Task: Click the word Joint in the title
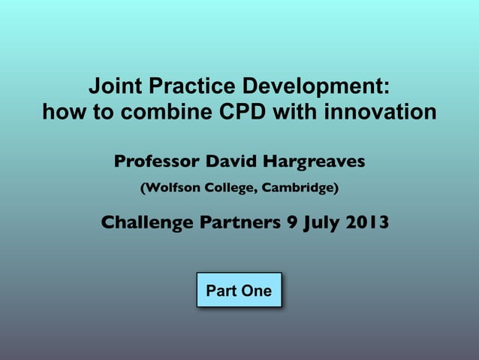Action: tap(113, 86)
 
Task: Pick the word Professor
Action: tap(157, 162)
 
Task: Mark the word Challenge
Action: tap(147, 222)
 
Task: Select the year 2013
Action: tap(366, 222)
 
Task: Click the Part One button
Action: tap(239, 290)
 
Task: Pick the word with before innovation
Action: tap(296, 113)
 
